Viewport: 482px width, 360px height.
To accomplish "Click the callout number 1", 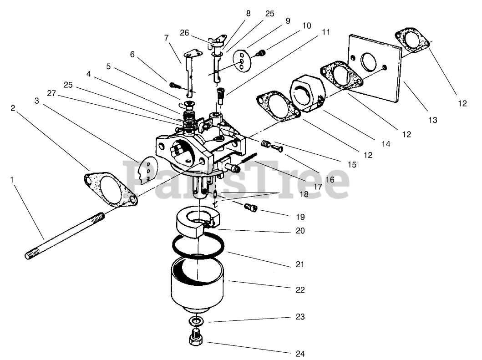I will [x=12, y=180].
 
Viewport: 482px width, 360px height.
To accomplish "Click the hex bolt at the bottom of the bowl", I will [x=196, y=339].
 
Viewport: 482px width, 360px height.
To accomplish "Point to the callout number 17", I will [x=318, y=186].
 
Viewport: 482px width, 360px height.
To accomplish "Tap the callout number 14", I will [x=386, y=144].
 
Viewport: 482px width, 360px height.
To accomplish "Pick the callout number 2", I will [x=13, y=108].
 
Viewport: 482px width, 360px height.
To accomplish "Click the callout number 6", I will [x=132, y=54].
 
